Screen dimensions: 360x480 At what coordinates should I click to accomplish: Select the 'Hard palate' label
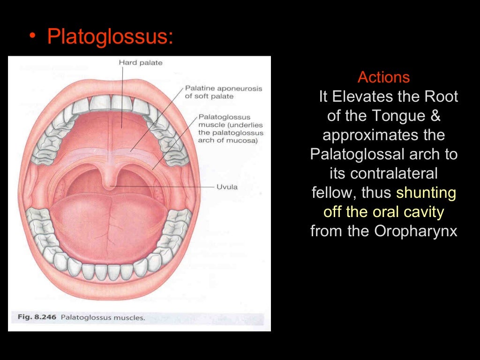141,62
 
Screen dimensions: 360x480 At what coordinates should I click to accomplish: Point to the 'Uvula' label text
227,187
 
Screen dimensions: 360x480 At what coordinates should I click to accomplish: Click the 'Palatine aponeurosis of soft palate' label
224,92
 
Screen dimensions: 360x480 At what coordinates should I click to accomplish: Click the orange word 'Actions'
383,77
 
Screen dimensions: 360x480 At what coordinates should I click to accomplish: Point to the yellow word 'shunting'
426,193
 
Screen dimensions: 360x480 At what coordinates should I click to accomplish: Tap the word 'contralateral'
383,174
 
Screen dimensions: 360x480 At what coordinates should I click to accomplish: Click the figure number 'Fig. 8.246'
37,317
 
